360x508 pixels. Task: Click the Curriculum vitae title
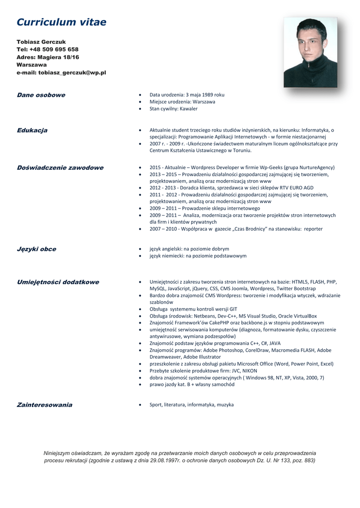pyautogui.click(x=61, y=22)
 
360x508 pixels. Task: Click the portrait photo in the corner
pyautogui.click(x=310, y=53)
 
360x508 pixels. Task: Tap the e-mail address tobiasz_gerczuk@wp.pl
pyautogui.click(x=72, y=72)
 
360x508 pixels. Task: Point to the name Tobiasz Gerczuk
pyautogui.click(x=41, y=42)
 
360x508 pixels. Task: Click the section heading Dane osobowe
pyautogui.click(x=41, y=95)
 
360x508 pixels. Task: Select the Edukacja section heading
pyautogui.click(x=32, y=130)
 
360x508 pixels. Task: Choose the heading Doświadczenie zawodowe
pyautogui.click(x=60, y=168)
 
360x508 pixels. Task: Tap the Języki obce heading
pyautogui.click(x=36, y=249)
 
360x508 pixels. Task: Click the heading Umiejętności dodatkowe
pyautogui.click(x=58, y=282)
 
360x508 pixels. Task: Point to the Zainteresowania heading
pyautogui.click(x=44, y=405)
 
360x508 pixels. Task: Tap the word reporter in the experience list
pyautogui.click(x=311, y=229)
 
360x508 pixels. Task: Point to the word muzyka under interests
pyautogui.click(x=224, y=405)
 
